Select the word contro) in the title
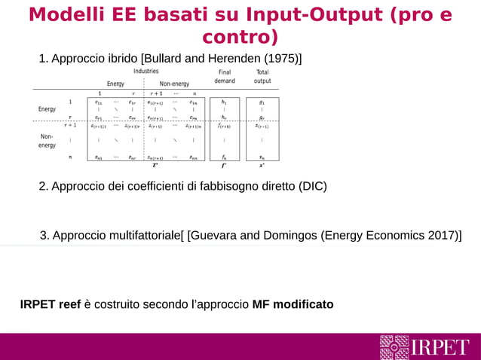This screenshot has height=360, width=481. coord(240,37)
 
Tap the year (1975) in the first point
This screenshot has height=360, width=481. coord(282,59)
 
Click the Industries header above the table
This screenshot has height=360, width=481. coord(146,72)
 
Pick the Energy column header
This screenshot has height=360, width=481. coord(115,84)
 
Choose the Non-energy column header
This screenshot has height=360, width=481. coord(174,84)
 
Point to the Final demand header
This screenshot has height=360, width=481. coord(225,77)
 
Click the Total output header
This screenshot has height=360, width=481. coord(262,77)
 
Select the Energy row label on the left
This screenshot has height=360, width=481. coord(47,109)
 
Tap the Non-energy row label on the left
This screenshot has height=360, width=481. coord(47,141)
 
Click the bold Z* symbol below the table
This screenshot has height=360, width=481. coord(155,166)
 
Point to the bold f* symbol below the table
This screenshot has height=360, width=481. coord(224,166)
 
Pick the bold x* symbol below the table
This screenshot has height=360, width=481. coord(262,166)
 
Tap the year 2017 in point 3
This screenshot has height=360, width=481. coord(441,236)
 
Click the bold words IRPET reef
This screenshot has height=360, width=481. coord(50,304)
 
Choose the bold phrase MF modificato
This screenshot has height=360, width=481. coord(293,304)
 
